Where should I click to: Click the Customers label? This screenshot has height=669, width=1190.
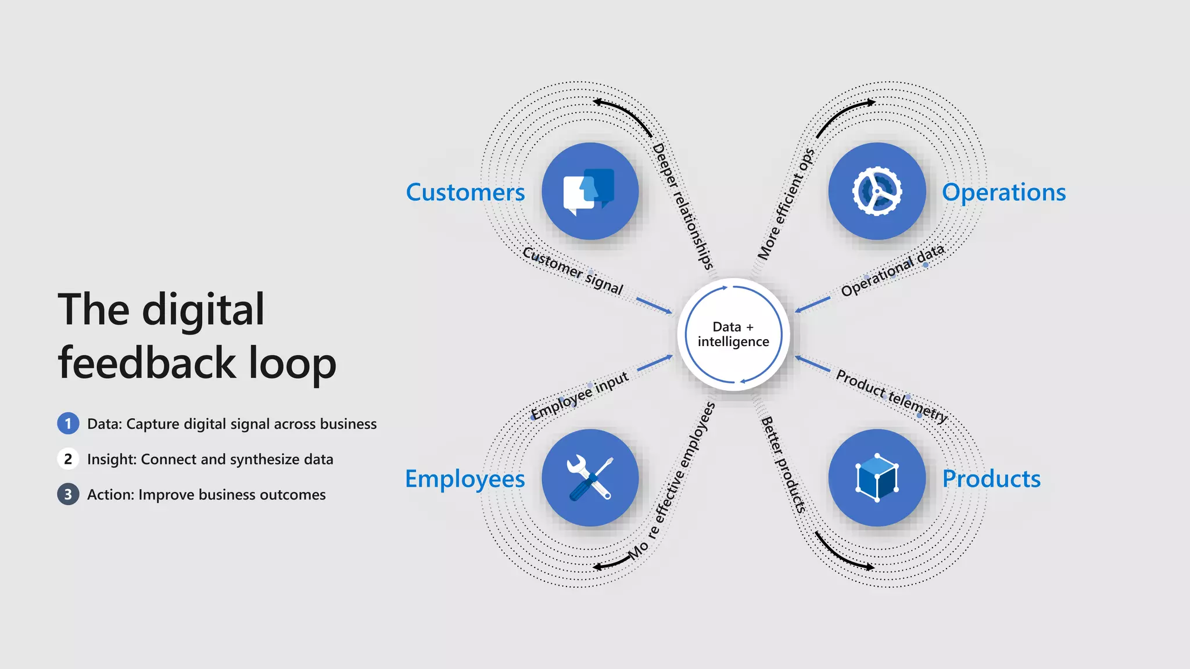[x=465, y=192]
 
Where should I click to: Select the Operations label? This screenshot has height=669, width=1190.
[x=1003, y=192]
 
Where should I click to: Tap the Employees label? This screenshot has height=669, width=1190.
[x=465, y=479]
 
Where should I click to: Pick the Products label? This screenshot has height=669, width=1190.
[x=991, y=479]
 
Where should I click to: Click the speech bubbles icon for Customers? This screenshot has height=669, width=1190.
[x=589, y=191]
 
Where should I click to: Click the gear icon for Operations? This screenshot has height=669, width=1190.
[x=877, y=191]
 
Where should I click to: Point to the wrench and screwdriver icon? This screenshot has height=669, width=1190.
[x=589, y=478]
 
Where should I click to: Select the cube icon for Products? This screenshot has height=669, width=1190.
[x=877, y=478]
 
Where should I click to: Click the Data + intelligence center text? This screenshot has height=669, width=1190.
[x=733, y=334]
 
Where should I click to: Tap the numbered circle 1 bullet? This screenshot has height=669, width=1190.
[x=68, y=424]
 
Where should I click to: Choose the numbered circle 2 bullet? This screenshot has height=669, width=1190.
[x=68, y=459]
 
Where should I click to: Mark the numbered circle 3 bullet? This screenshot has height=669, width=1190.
[x=68, y=495]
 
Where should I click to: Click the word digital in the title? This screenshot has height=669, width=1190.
[x=203, y=311]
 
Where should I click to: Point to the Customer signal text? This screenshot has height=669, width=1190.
[x=572, y=270]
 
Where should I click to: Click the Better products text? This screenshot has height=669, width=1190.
[x=784, y=465]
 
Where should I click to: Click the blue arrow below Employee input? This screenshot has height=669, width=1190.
[x=655, y=363]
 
